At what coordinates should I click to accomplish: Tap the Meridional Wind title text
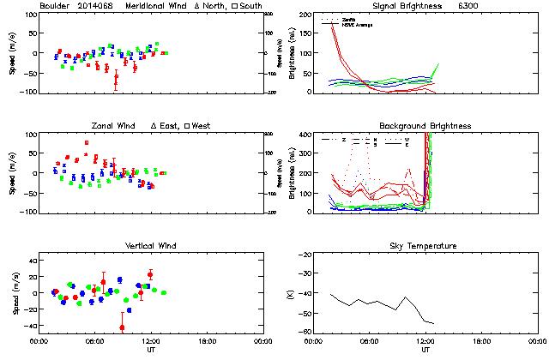click(155, 5)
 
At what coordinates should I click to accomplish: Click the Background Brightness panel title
click(425, 125)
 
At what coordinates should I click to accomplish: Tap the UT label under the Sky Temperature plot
click(425, 351)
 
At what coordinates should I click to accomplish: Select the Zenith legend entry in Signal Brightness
click(349, 19)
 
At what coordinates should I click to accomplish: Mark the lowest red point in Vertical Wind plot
click(122, 327)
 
